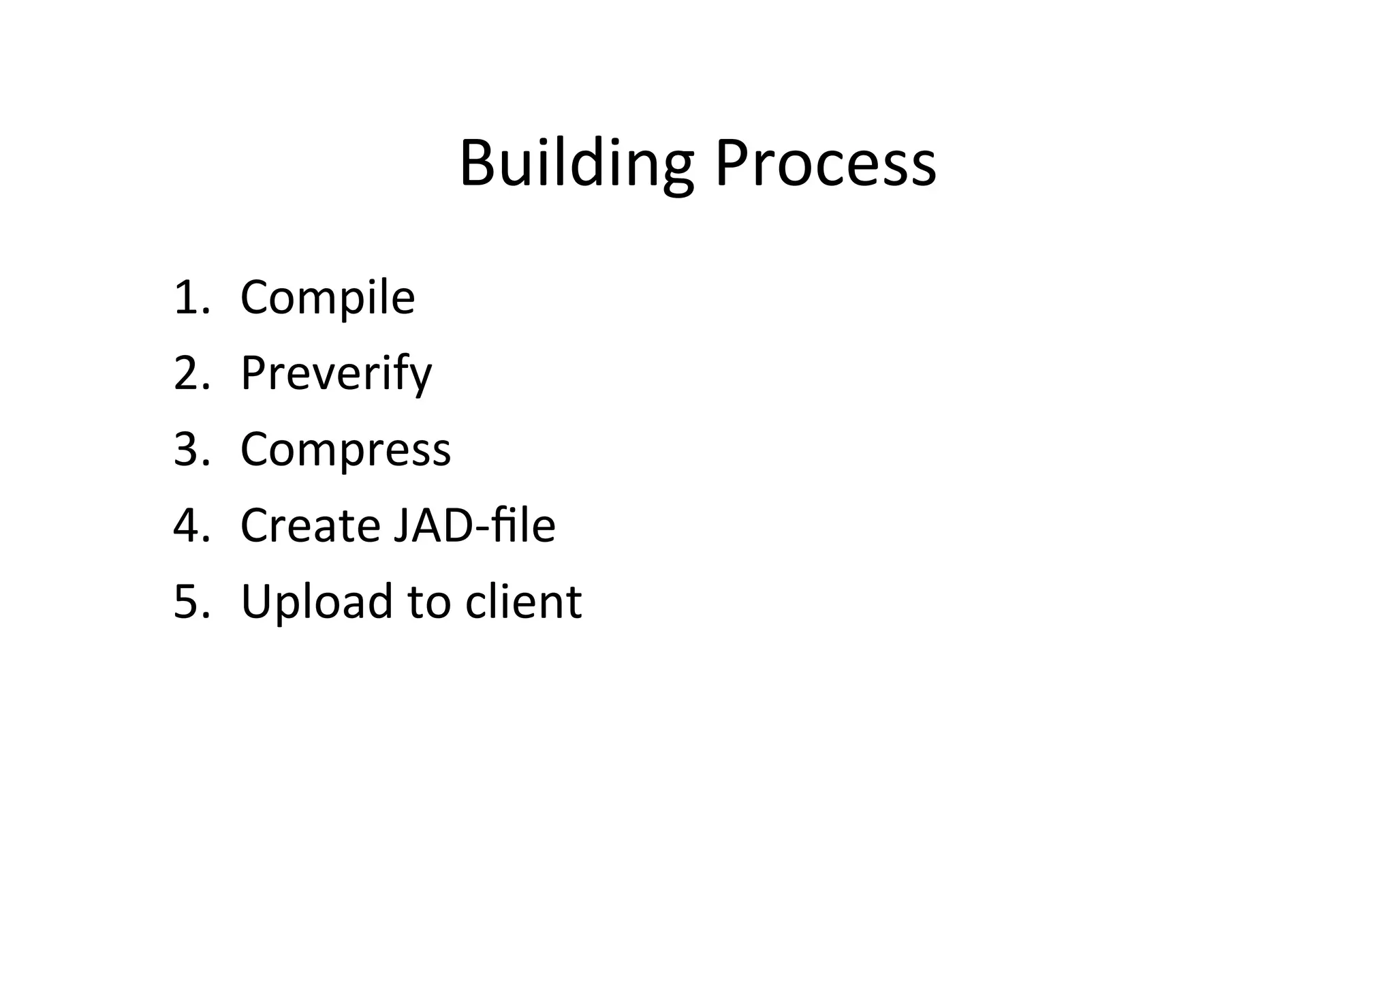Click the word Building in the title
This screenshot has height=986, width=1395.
tap(576, 164)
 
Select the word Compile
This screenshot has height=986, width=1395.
tap(328, 298)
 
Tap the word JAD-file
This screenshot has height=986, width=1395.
tap(474, 525)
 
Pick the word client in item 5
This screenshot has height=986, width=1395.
tap(523, 602)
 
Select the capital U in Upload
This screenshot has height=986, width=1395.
tap(258, 602)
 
